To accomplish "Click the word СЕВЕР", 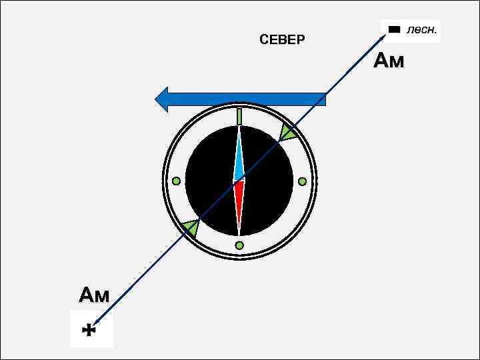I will pyautogui.click(x=282, y=41).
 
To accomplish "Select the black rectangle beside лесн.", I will pyautogui.click(x=395, y=30).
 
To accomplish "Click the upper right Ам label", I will pyautogui.click(x=389, y=61).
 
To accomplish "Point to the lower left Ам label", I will pyautogui.click(x=94, y=295).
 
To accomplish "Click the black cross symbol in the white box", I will pyautogui.click(x=90, y=329).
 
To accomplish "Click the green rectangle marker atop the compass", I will pyautogui.click(x=239, y=117).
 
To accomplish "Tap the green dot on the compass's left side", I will pyautogui.click(x=176, y=181).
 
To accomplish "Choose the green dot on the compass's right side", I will pyautogui.click(x=302, y=181).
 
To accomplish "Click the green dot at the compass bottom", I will pyautogui.click(x=239, y=245).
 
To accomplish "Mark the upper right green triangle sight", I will pyautogui.click(x=288, y=133).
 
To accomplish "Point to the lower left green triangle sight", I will pyautogui.click(x=191, y=229).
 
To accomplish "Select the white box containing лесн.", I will pyautogui.click(x=411, y=31).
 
